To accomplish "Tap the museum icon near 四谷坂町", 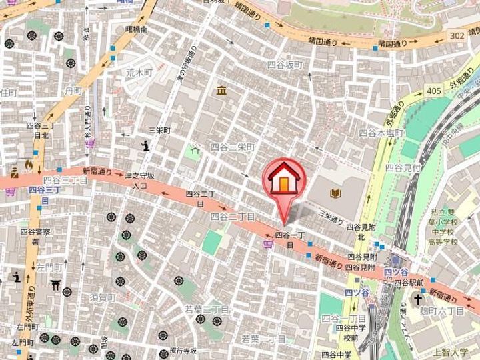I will (x=220, y=91).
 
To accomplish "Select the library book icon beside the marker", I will (x=335, y=193).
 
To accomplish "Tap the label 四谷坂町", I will (x=285, y=65).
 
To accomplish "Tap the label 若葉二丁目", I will (x=207, y=309).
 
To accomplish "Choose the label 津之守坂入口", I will (x=139, y=181).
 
